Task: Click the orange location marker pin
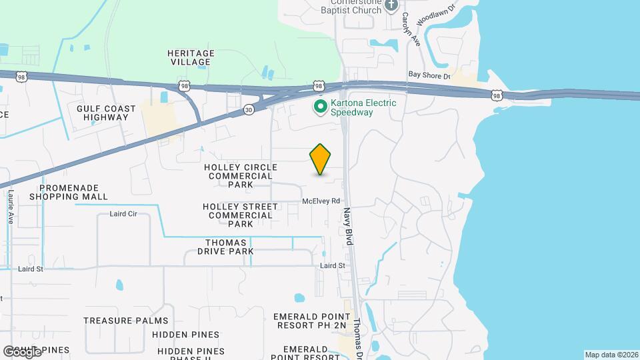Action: (321, 159)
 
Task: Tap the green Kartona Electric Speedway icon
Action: (321, 107)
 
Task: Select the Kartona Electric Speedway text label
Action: (363, 107)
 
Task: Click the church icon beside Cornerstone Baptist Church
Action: (391, 5)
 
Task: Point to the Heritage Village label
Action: (191, 57)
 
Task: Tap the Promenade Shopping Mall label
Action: (69, 192)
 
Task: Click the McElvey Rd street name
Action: (321, 201)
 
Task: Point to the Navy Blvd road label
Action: (348, 227)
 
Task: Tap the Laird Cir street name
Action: (123, 214)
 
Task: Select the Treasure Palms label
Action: (117, 321)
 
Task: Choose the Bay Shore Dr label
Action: (427, 76)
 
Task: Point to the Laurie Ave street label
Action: (11, 207)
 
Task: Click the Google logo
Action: (22, 351)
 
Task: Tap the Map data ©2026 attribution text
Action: (611, 355)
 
